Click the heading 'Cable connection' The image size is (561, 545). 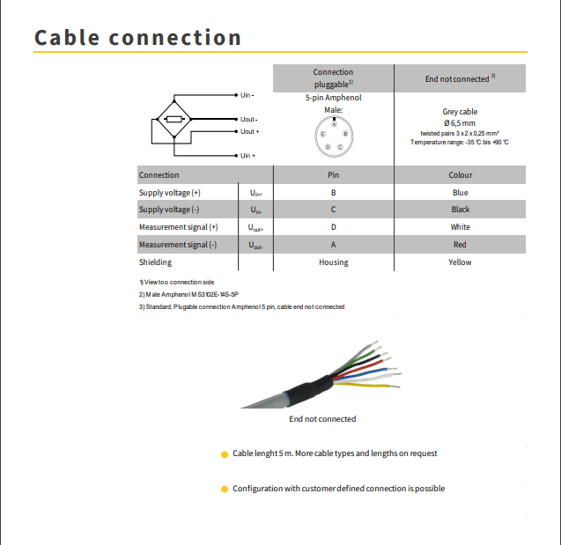tap(137, 38)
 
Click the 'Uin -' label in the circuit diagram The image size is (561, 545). tap(247, 95)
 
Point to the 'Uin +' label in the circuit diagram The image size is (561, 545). tap(247, 156)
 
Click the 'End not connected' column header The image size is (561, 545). tap(460, 79)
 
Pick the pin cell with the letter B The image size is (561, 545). tap(333, 192)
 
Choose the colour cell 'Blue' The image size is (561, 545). tap(460, 192)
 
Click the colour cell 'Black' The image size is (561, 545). tap(460, 210)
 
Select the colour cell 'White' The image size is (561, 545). tap(460, 227)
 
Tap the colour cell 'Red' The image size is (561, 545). tap(460, 245)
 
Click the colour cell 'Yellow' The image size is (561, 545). tap(460, 262)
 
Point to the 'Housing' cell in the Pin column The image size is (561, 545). tap(333, 262)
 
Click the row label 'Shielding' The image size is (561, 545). tap(156, 262)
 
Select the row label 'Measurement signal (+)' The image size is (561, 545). tap(179, 227)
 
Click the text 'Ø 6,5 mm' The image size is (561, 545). tap(460, 123)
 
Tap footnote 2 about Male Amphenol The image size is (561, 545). tap(195, 294)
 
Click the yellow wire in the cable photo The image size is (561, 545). tap(370, 385)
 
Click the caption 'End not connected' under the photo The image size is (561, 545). tap(322, 419)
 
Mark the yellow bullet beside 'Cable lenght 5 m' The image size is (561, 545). tap(225, 454)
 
